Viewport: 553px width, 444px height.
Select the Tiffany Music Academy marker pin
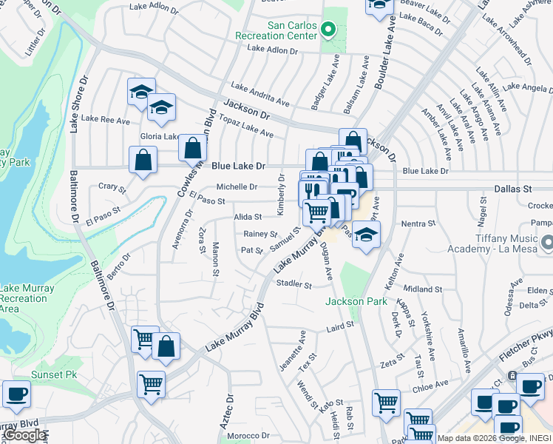pos(546,242)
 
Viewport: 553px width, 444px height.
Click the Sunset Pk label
pos(54,375)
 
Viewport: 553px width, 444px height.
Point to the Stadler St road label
pos(294,283)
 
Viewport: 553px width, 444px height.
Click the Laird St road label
pos(340,324)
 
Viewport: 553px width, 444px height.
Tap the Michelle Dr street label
pos(237,187)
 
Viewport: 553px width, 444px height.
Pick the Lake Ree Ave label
pos(105,119)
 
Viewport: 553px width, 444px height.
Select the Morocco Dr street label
pos(249,436)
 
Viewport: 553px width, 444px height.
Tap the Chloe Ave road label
pos(430,385)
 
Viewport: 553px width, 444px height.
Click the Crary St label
pos(112,186)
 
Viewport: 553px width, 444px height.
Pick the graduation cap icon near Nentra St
pos(364,235)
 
